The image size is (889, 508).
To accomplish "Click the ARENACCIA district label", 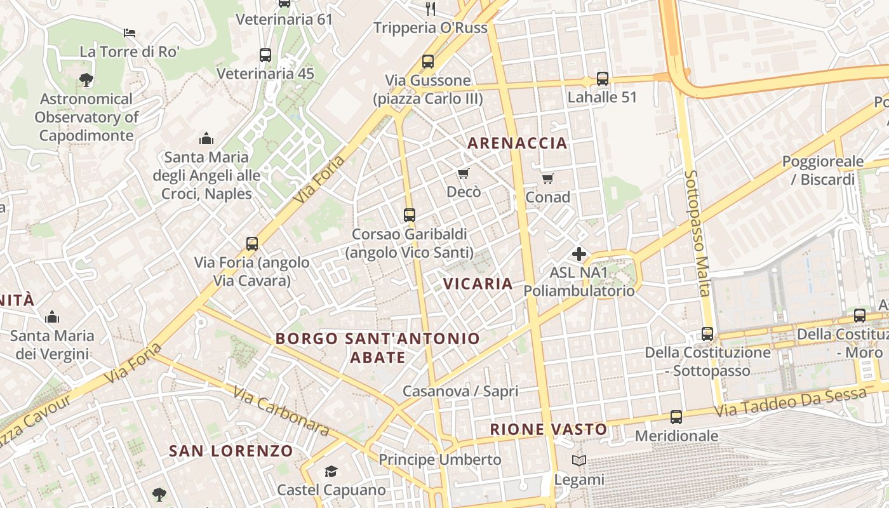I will (518, 143).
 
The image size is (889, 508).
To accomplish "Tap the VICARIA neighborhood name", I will (478, 284).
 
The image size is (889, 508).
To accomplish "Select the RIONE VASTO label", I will (549, 430).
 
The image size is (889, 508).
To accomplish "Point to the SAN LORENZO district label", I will (231, 451).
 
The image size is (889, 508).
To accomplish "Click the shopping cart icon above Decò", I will (463, 173).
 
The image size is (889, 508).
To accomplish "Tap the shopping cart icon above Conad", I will (547, 178).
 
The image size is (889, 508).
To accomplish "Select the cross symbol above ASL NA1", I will (579, 254).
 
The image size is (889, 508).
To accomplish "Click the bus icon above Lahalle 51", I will (602, 79).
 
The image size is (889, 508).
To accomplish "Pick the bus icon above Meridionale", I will (676, 417).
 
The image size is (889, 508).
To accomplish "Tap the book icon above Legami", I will (578, 461).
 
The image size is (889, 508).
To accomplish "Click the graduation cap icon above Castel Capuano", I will (331, 471).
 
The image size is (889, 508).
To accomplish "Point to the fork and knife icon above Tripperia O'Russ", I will (431, 8).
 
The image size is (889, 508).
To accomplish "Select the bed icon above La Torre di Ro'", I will (130, 32).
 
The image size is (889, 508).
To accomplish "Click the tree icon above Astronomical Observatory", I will (86, 80).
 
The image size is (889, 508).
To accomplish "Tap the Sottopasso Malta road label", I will (697, 233).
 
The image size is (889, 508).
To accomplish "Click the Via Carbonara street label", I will (281, 411).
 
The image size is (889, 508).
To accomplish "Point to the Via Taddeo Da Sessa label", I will (790, 403).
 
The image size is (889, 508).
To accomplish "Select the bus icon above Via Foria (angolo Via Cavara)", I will (252, 243).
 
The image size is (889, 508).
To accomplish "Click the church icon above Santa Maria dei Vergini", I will (52, 316).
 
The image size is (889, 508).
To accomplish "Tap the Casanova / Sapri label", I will (460, 391).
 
